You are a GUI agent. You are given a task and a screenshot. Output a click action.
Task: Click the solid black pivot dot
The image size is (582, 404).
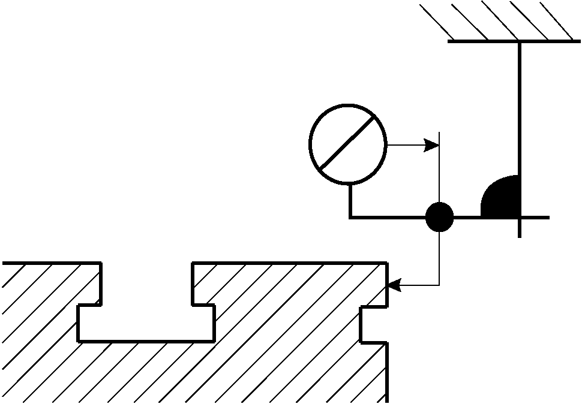pos(440,217)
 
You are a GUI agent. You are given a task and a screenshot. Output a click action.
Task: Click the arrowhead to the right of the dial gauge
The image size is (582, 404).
pos(431,144)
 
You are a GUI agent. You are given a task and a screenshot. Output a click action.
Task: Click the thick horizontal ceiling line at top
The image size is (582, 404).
pos(514,41)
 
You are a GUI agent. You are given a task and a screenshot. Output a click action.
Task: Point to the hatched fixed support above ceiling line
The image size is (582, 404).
pos(498,21)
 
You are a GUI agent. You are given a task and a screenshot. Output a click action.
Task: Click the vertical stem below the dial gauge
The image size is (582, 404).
pos(350,200)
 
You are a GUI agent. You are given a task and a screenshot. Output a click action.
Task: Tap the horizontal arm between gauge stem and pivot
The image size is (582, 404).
pos(388,217)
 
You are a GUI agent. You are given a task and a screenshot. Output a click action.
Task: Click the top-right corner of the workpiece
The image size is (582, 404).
pos(385,264)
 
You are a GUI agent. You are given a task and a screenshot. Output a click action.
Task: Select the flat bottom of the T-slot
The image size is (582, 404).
pos(146,341)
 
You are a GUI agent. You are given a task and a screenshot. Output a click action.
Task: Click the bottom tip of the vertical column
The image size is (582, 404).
pos(520,236)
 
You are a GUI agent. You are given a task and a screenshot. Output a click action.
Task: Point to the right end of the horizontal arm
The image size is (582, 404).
pos(547,217)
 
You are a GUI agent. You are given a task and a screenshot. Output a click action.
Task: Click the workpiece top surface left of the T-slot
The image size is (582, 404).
pos(51,263)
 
